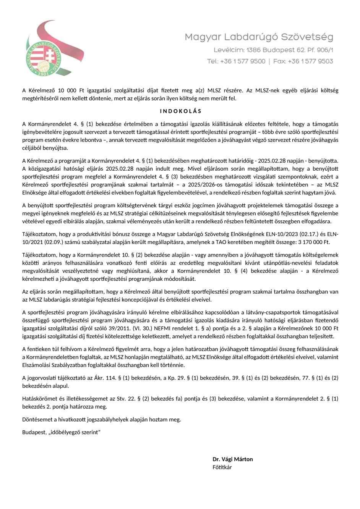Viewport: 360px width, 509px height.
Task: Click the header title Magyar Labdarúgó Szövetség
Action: (259, 37)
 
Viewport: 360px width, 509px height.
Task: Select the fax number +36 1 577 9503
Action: (310, 61)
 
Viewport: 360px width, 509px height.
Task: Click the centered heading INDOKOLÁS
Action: (180, 111)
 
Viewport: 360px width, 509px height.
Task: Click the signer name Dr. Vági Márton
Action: (233, 459)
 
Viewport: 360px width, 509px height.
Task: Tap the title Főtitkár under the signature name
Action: (222, 467)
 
